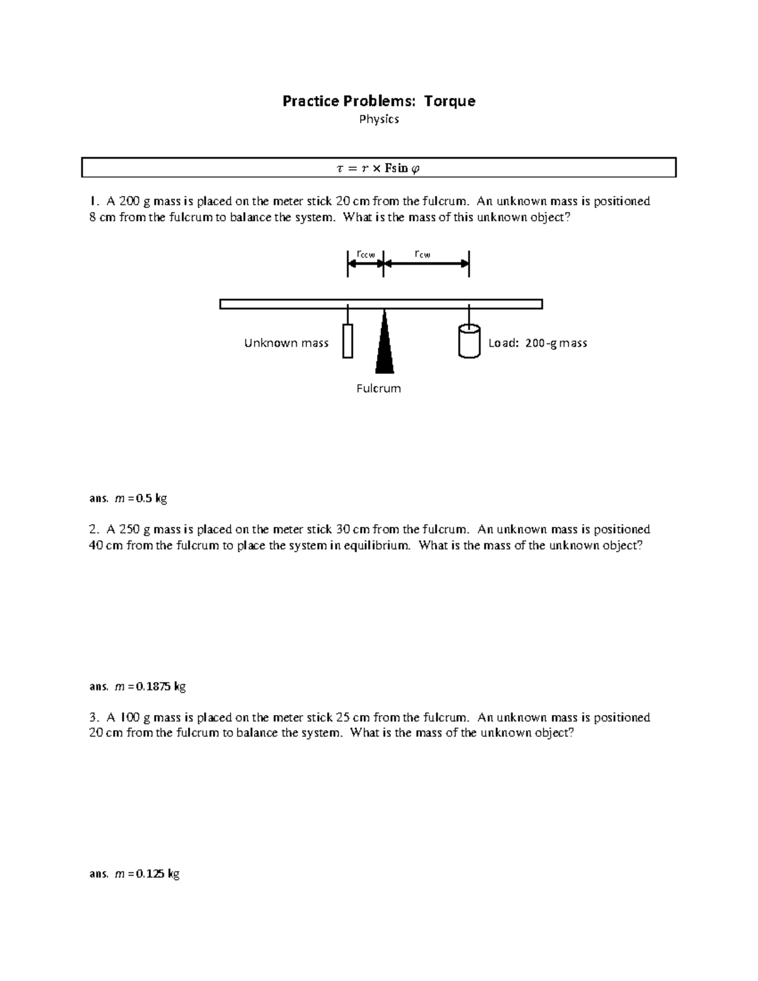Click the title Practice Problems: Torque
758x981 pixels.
tap(378, 101)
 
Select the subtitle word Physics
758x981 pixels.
tap(379, 119)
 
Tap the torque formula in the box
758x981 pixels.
tap(378, 168)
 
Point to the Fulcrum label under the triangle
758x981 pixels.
tap(378, 388)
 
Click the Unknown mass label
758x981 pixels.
tap(286, 343)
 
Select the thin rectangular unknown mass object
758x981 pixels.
tap(347, 341)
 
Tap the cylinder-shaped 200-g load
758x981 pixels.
tap(469, 341)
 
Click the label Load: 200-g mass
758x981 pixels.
tap(538, 343)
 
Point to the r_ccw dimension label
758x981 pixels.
tap(366, 255)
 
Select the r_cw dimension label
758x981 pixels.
tap(423, 255)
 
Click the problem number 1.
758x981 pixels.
tap(93, 202)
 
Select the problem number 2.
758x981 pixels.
tap(93, 529)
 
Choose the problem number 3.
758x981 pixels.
tap(93, 718)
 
